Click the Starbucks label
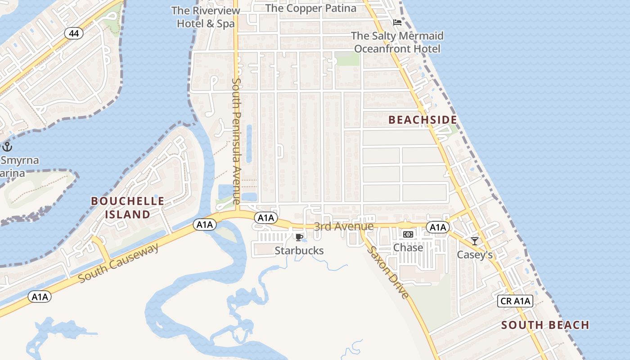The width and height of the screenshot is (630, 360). click(x=299, y=251)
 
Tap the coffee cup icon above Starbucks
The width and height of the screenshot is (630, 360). click(x=298, y=237)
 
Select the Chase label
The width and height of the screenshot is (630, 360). click(x=408, y=247)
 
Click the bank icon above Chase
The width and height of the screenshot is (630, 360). click(x=408, y=234)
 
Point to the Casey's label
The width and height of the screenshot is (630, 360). click(x=475, y=255)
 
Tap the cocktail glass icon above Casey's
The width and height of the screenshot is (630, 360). click(x=475, y=241)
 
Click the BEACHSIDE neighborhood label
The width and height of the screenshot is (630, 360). click(x=423, y=120)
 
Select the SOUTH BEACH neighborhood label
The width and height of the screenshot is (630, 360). click(x=545, y=325)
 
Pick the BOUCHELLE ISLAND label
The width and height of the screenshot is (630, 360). click(x=128, y=207)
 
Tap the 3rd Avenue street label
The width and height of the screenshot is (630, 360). click(x=344, y=226)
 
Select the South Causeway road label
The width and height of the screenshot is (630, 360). click(x=119, y=263)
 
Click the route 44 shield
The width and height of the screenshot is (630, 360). click(x=73, y=33)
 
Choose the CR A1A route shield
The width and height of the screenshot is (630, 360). click(x=515, y=301)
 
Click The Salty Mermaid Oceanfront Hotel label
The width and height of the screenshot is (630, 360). click(x=397, y=42)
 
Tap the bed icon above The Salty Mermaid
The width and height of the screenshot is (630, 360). click(x=397, y=22)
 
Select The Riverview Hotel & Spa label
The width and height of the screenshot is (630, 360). click(x=206, y=17)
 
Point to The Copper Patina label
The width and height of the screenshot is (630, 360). click(x=311, y=8)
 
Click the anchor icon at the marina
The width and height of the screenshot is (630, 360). click(x=7, y=146)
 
